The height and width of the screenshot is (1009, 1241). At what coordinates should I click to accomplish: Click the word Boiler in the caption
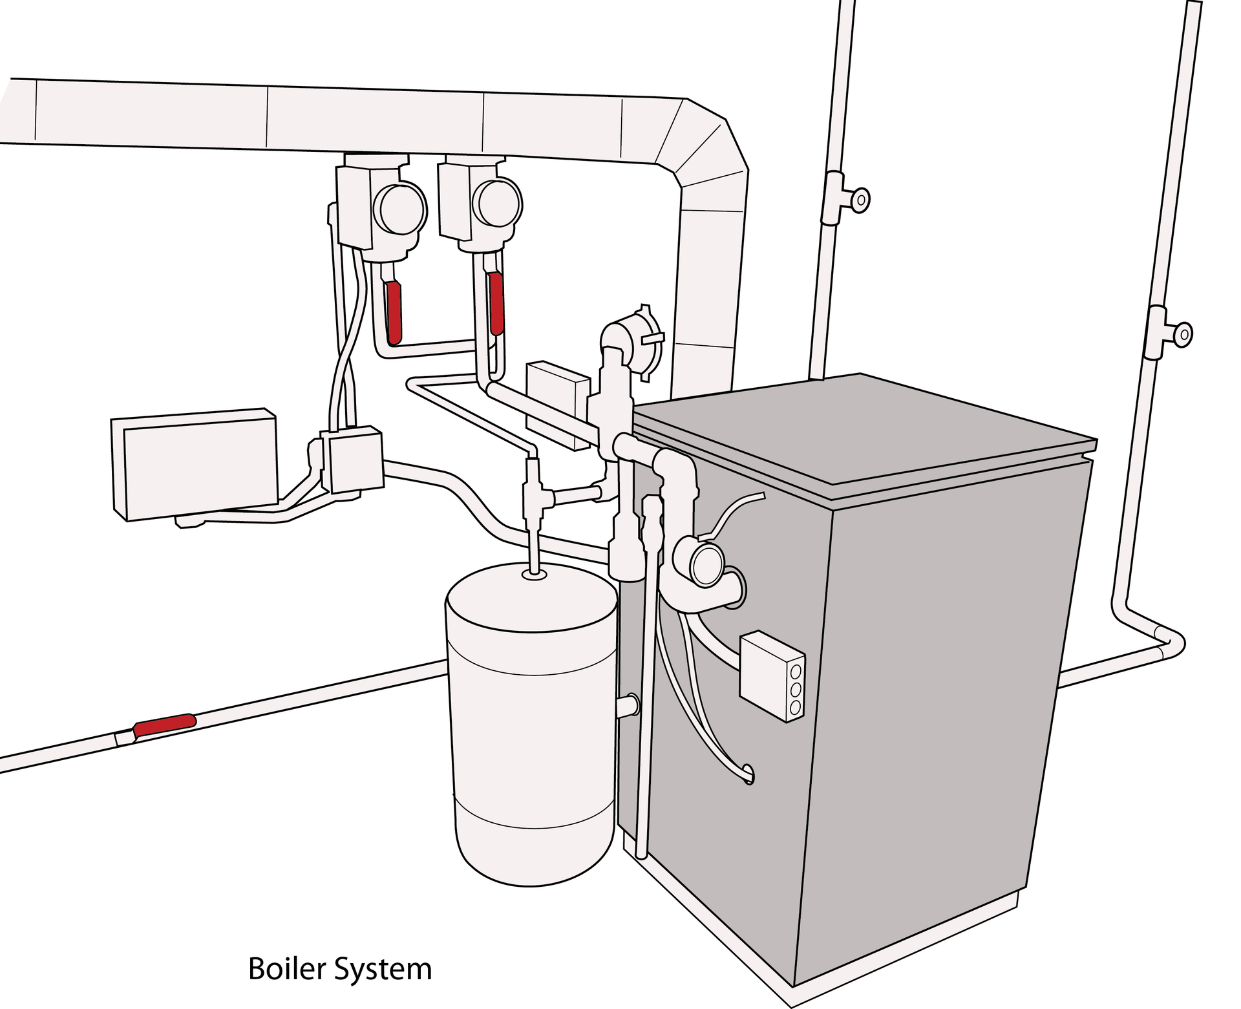pos(286,969)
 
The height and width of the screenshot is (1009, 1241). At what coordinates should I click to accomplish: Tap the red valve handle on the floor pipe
pos(165,724)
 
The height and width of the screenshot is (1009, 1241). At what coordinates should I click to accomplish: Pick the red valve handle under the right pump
pos(496,302)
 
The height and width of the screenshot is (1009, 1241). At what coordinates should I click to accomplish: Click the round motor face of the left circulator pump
pos(401,209)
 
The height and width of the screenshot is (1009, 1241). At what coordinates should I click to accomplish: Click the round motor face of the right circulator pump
pos(498,202)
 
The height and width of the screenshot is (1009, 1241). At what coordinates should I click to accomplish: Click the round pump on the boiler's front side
pos(707,564)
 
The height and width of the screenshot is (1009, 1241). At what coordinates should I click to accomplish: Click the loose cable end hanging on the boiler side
pos(748,773)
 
